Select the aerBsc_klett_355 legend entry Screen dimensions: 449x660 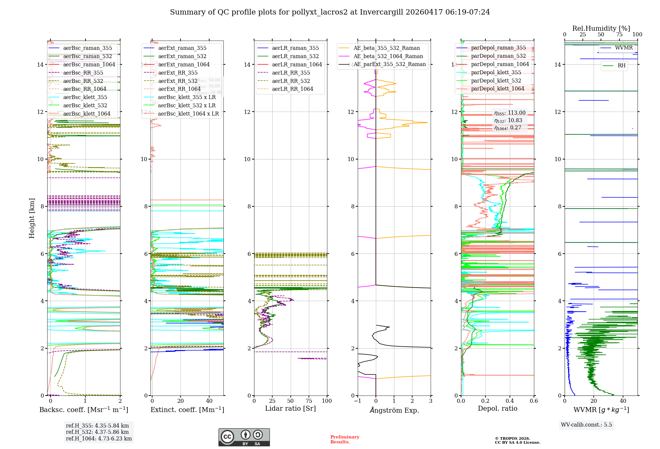pyautogui.click(x=85, y=97)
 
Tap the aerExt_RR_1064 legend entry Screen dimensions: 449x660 pyautogui.click(x=179, y=89)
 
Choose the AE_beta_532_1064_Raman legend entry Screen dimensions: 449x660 pyautogui.click(x=388, y=56)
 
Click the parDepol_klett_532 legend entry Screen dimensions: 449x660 pyautogui.click(x=496, y=81)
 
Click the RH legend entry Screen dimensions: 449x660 pyautogui.click(x=621, y=66)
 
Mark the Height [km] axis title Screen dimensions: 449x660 pyautogui.click(x=32, y=218)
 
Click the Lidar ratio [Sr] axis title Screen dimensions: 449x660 pyautogui.click(x=290, y=409)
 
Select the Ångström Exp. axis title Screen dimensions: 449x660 pyautogui.click(x=394, y=410)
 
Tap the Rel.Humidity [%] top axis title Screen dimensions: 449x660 pyautogui.click(x=601, y=28)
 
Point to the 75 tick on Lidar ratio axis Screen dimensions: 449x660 pyautogui.click(x=309, y=401)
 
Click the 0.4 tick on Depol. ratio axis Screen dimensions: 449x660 pyautogui.click(x=510, y=401)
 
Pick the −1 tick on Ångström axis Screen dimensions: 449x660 pyautogui.click(x=358, y=401)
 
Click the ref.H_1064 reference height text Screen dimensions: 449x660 pyautogui.click(x=99, y=439)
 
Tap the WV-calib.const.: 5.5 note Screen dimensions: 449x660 pyautogui.click(x=586, y=425)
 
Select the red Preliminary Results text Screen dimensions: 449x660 pyautogui.click(x=345, y=439)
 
